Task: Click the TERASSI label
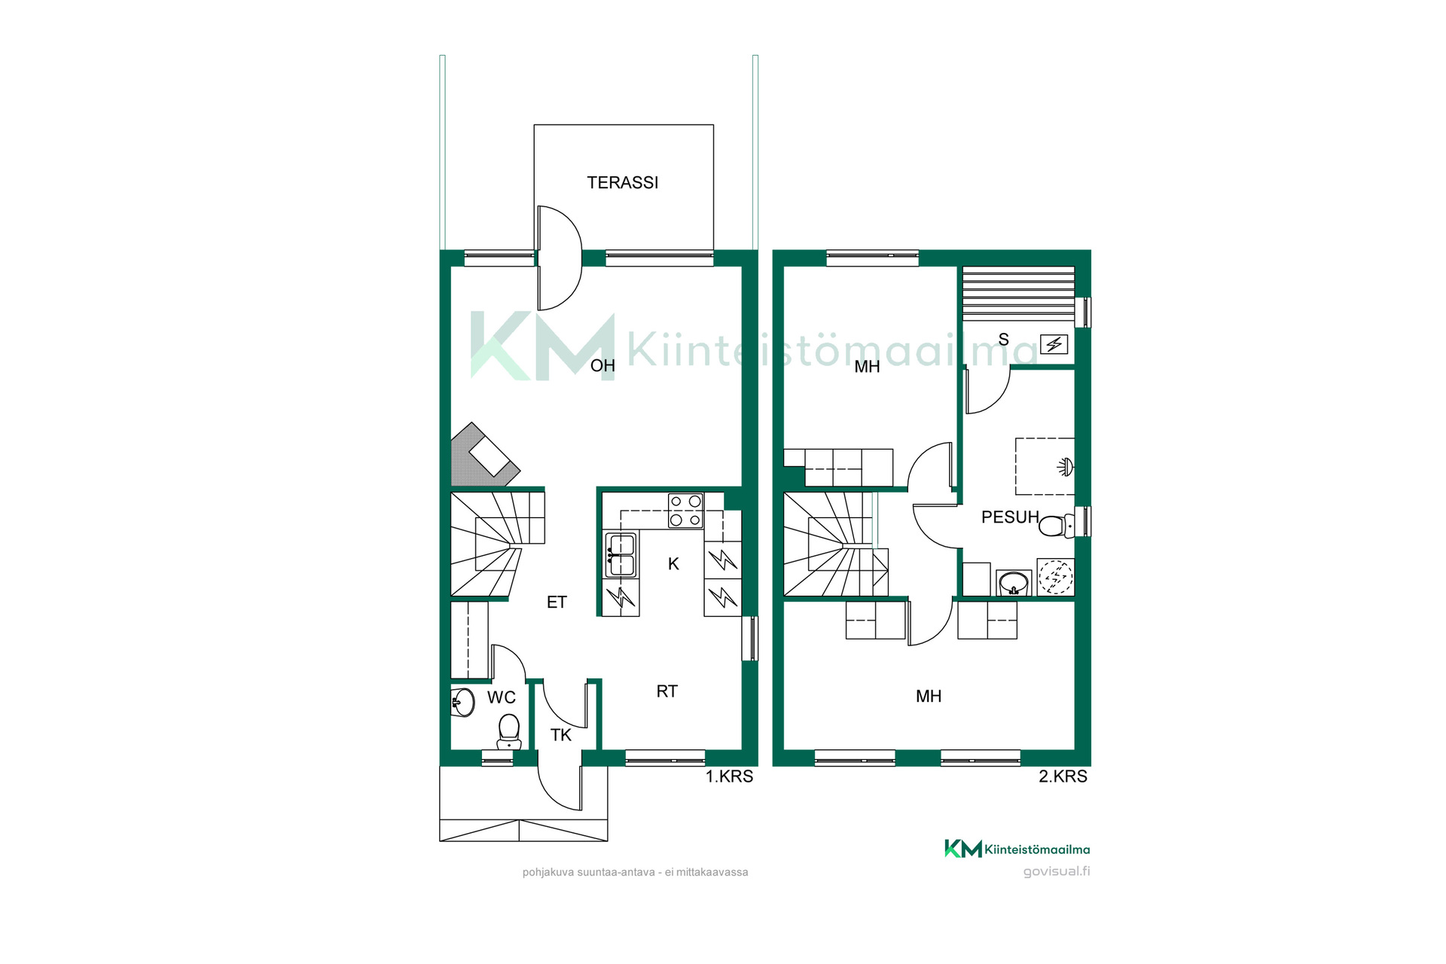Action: point(622,182)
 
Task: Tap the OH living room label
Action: point(602,366)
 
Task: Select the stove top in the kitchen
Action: point(685,511)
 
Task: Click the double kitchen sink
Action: point(621,554)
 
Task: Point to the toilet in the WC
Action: point(509,731)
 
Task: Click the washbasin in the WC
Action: point(462,703)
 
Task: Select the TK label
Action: point(561,735)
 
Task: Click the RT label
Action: point(667,691)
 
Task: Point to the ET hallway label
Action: point(557,602)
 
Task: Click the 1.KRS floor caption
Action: point(729,776)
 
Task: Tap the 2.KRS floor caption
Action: point(1063,776)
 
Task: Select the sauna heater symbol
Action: point(1054,344)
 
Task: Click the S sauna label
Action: point(1003,340)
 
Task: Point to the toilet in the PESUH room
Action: point(1057,525)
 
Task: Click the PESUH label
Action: point(1010,517)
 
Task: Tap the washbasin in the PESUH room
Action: point(1014,583)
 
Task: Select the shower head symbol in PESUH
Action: point(1065,467)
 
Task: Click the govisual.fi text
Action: point(1056,871)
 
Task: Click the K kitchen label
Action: point(673,564)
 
